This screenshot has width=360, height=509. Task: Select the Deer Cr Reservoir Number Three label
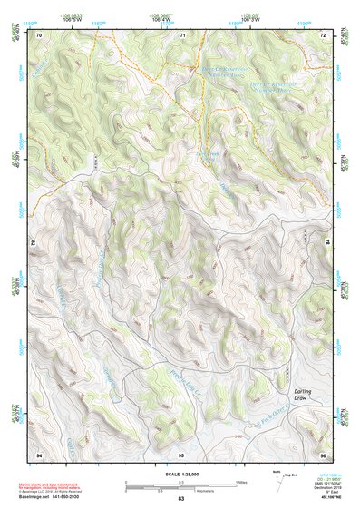[x=255, y=88]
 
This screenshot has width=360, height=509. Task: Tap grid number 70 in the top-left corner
[x=39, y=34]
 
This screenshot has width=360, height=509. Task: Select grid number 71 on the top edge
[x=182, y=34]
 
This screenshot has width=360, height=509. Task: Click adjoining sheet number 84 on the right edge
[x=327, y=242]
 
